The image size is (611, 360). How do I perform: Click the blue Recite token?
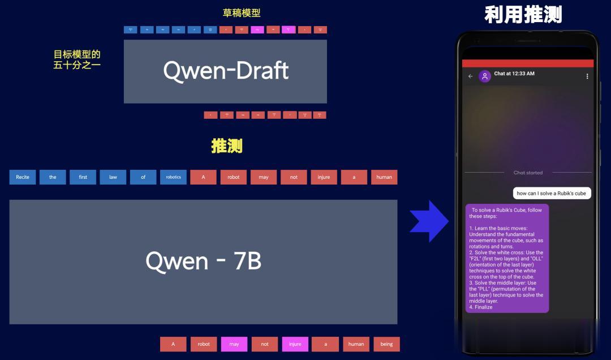click(x=23, y=177)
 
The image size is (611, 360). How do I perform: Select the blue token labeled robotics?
click(x=173, y=177)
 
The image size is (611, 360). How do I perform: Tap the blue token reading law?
click(x=113, y=177)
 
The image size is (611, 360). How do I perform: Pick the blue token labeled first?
click(x=83, y=177)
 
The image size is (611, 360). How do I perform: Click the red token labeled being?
click(x=386, y=344)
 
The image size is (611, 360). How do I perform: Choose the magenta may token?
click(x=234, y=344)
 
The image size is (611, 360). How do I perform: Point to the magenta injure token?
click(x=295, y=344)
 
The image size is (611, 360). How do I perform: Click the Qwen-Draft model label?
click(x=226, y=71)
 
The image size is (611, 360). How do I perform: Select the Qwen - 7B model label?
click(x=203, y=261)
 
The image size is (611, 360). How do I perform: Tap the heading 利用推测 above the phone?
click(x=523, y=15)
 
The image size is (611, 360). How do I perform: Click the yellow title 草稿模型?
click(x=242, y=12)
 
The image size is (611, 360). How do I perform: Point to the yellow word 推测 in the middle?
click(x=227, y=146)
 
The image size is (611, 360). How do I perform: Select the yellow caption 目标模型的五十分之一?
click(x=77, y=59)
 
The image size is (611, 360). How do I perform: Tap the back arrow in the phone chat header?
click(x=471, y=76)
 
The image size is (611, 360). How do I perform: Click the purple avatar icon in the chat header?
click(x=485, y=76)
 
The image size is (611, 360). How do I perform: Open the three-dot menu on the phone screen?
click(x=587, y=76)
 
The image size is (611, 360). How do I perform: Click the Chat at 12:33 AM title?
click(x=514, y=74)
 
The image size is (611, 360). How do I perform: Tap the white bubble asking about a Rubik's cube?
click(x=552, y=193)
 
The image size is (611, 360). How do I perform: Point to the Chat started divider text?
click(x=528, y=173)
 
